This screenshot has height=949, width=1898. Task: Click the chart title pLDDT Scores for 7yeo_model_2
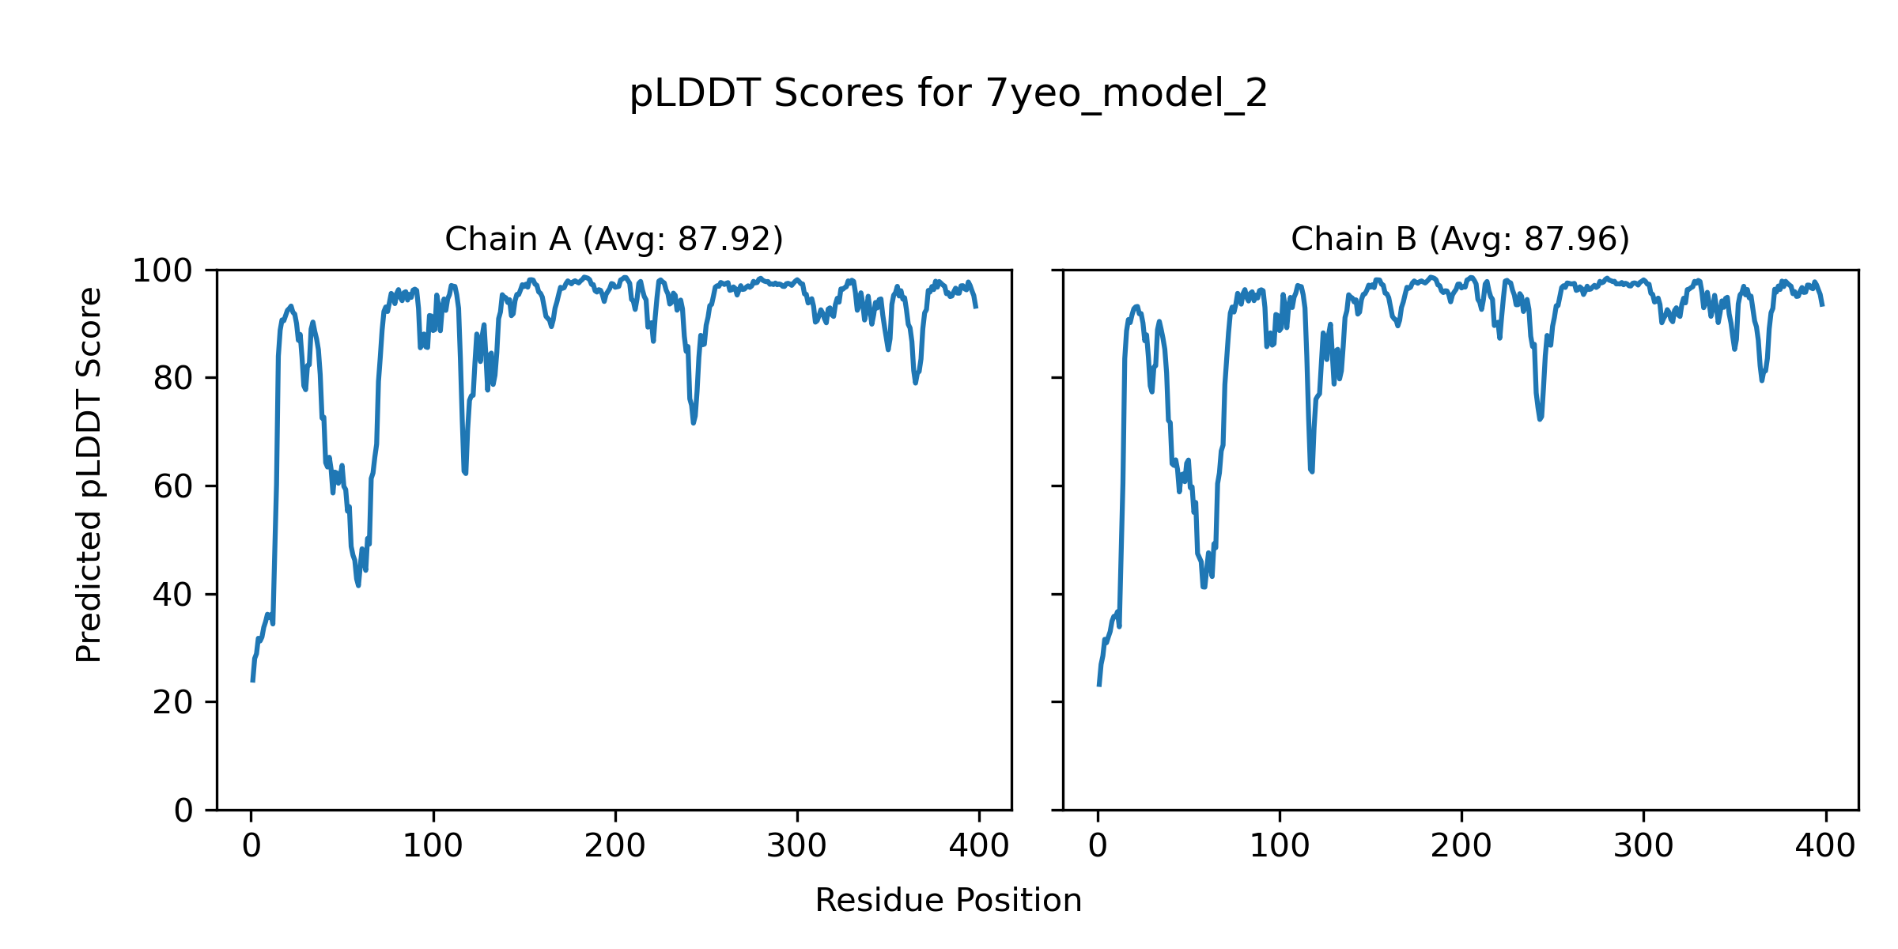coord(948,94)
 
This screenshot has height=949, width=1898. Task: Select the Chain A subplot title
coord(614,239)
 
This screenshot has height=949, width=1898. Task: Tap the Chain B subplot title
coord(1460,239)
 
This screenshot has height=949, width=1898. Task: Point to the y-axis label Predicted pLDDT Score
coord(89,475)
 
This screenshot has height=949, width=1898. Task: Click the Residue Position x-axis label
coord(948,901)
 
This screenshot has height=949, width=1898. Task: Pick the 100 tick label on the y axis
coord(162,271)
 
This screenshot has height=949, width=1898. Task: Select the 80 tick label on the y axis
coord(173,380)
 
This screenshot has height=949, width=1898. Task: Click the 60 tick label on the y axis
coord(173,487)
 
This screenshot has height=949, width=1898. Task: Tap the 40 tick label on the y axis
coord(173,595)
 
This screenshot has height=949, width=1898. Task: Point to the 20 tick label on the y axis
coord(173,703)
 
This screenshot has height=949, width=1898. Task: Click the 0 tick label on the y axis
coord(183,811)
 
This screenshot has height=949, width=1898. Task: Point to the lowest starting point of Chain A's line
coord(252,680)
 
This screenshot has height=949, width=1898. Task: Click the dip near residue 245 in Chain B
coord(1540,418)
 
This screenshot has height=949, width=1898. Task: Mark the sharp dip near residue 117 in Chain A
coord(465,472)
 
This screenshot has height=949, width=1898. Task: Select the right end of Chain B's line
coord(1823,304)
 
